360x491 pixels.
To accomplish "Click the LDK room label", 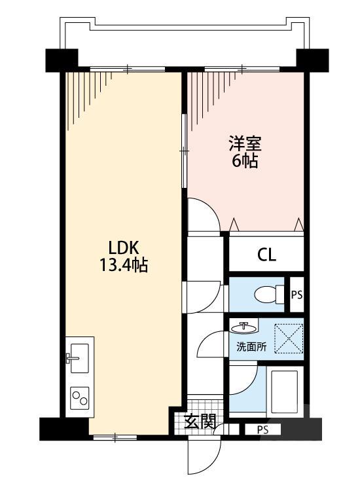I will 124,249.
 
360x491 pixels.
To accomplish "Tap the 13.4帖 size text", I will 124,266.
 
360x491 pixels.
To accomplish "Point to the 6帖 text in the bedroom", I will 244,160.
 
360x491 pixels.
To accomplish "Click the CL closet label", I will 266,255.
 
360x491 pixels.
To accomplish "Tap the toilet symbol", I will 266,294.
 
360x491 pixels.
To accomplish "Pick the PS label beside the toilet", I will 297,295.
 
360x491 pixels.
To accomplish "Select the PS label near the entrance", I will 262,430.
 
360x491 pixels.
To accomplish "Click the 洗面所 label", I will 251,347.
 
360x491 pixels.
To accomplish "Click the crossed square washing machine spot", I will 288,338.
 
